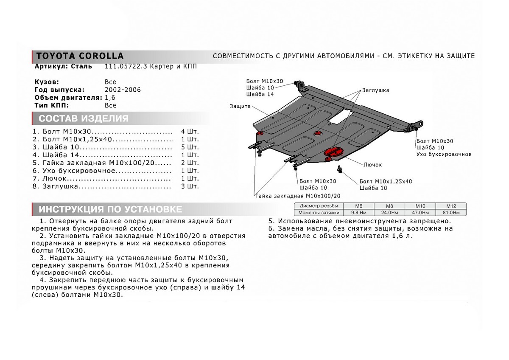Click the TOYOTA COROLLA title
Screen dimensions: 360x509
coord(79,56)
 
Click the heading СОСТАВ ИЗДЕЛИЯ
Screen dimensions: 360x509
coord(83,118)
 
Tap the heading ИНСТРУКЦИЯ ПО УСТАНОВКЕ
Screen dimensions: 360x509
coord(110,209)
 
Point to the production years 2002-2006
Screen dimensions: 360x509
coord(123,90)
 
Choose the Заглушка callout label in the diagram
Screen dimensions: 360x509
coord(375,90)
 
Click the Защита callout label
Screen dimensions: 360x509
coord(241,106)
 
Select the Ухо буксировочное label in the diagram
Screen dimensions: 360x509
coord(444,154)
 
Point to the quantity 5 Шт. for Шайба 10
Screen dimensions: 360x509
coord(190,147)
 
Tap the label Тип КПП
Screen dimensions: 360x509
coord(51,105)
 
